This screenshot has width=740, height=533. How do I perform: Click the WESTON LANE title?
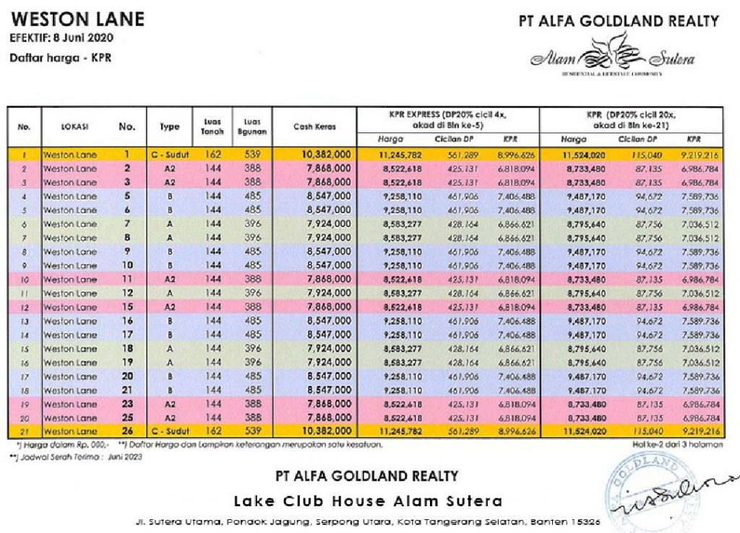[x=77, y=19]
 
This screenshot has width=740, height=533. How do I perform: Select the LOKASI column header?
[x=74, y=127]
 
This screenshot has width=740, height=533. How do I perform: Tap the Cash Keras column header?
[x=316, y=127]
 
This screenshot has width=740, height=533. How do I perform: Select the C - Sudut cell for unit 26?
[x=169, y=431]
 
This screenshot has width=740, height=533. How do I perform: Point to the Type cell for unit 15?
[x=169, y=307]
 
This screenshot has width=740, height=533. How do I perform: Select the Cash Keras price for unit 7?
[x=328, y=223]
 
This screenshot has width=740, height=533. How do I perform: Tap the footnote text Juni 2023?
[x=127, y=457]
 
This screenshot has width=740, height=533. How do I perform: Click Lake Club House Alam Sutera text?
[x=368, y=501]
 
